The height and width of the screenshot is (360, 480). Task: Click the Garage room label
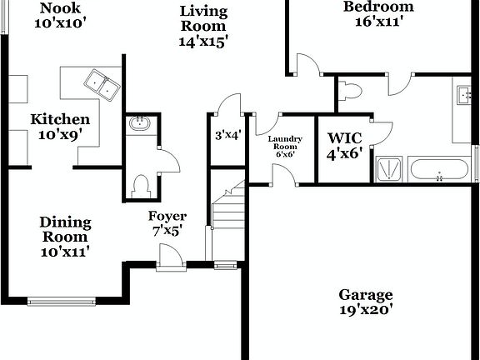365,295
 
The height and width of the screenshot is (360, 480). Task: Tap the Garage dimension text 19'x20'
365,310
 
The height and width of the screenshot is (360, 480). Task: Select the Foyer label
167,217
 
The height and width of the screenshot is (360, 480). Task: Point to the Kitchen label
60,119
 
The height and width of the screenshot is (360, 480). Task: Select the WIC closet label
345,138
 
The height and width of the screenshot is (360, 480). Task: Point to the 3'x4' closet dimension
227,133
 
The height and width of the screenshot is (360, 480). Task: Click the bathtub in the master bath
439,170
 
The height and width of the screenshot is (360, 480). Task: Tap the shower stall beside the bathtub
387,169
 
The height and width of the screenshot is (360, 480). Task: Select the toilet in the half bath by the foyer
141,183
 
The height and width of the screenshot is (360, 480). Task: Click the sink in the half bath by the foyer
138,126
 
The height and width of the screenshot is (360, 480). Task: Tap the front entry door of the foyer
170,266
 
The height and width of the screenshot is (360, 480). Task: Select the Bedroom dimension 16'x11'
379,22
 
